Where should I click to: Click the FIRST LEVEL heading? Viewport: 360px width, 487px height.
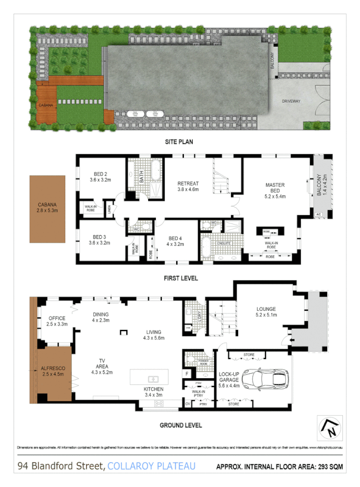181,278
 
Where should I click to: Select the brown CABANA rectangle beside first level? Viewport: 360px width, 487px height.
47,209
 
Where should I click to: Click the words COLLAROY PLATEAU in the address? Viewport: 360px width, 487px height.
151,467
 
